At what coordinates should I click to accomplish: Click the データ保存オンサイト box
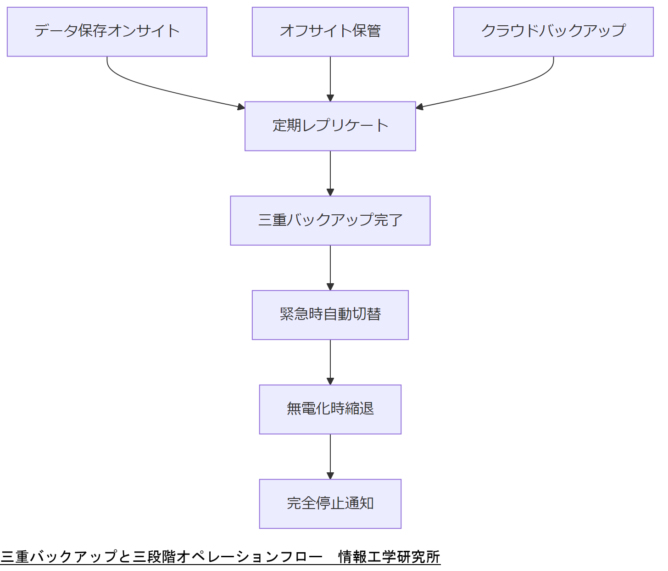[107, 32]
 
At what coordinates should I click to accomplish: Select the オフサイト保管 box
[330, 32]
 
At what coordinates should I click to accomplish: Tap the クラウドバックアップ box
[553, 32]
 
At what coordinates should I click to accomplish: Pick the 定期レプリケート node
[330, 126]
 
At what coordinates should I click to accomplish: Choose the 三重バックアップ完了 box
[330, 221]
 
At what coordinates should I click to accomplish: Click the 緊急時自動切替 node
[330, 315]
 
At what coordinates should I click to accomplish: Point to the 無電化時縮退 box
[330, 409]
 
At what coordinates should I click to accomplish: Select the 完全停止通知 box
[330, 504]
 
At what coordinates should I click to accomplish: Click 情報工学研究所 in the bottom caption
[389, 557]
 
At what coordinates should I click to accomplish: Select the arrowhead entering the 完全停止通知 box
[330, 476]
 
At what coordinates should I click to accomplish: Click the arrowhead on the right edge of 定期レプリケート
[419, 107]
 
